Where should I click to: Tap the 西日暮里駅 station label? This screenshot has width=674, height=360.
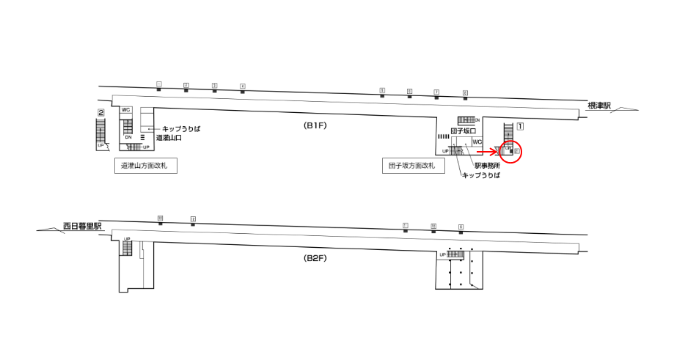click(x=82, y=226)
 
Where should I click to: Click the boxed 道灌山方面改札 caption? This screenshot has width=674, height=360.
click(x=149, y=166)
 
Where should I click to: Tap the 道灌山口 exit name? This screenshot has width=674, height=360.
click(x=169, y=137)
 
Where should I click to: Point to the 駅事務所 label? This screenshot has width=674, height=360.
click(x=486, y=166)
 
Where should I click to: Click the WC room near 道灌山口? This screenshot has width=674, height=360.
click(x=126, y=110)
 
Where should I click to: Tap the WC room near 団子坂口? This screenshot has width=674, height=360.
click(x=477, y=142)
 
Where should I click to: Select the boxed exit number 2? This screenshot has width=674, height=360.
click(x=100, y=113)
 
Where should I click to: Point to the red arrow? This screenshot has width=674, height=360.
click(x=487, y=151)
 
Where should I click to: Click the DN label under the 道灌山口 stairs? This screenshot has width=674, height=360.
click(x=128, y=137)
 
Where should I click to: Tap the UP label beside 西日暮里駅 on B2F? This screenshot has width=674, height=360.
click(x=127, y=239)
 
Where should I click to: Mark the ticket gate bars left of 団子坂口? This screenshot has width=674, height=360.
click(x=442, y=136)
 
